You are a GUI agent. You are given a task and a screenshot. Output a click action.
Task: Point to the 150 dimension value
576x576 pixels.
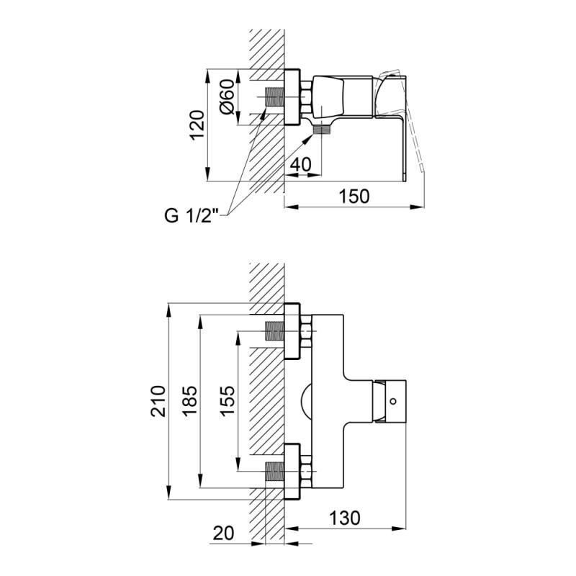[354, 196]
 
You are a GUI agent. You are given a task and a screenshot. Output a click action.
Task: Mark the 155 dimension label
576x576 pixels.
[226, 401]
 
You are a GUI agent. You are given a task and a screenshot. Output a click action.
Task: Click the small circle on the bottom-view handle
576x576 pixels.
[393, 401]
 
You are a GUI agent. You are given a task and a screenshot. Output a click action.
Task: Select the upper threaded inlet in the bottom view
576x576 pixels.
[274, 331]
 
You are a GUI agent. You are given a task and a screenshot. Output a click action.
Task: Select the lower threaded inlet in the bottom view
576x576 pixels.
[274, 471]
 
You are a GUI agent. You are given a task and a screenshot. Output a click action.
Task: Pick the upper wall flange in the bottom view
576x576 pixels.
[292, 331]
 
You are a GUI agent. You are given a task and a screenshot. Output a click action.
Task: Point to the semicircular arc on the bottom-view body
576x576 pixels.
[306, 401]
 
